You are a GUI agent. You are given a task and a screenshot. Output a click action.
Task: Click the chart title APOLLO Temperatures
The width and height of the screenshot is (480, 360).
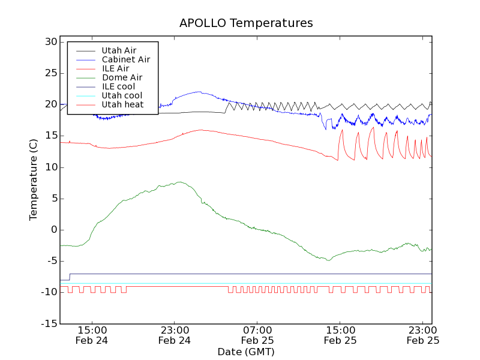pos(246,23)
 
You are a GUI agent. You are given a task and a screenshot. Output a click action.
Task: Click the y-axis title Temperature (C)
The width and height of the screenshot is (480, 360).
pos(34,179)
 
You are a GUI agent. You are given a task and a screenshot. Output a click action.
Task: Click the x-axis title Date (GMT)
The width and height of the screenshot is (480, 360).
pos(246,352)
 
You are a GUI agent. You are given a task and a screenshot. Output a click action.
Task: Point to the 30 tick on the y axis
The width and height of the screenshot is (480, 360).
pos(50,42)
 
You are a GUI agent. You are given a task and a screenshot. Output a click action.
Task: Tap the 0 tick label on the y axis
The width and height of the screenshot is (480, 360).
pos(53,230)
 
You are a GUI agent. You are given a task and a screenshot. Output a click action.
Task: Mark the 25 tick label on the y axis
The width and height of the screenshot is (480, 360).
pos(50,73)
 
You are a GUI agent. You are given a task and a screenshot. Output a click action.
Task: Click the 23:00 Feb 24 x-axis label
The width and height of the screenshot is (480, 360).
pos(175,335)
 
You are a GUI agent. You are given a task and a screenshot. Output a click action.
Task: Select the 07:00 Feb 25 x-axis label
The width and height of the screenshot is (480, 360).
pos(257,335)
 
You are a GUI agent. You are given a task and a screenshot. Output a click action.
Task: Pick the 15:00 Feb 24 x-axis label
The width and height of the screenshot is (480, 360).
pos(92,335)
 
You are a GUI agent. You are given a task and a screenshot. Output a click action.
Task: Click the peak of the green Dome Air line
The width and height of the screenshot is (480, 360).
pos(179,182)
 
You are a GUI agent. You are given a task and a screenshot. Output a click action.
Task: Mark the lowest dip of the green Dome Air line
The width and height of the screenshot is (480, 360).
pos(328,260)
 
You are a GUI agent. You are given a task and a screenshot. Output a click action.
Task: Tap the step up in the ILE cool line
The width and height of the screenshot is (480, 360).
pos(70,277)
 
